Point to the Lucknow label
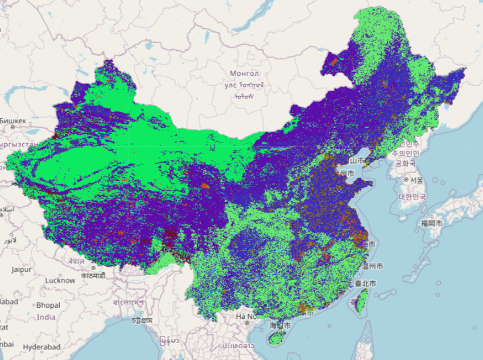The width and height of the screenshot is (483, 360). click(60, 280)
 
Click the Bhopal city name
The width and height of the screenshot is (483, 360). click(48, 305)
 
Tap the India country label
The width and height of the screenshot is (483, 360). click(46, 317)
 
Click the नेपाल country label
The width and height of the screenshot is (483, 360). click(76, 261)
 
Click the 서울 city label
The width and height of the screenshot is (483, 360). click(417, 180)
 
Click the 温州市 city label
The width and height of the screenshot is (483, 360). click(373, 266)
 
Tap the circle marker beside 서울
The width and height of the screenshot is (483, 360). click(406, 179)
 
